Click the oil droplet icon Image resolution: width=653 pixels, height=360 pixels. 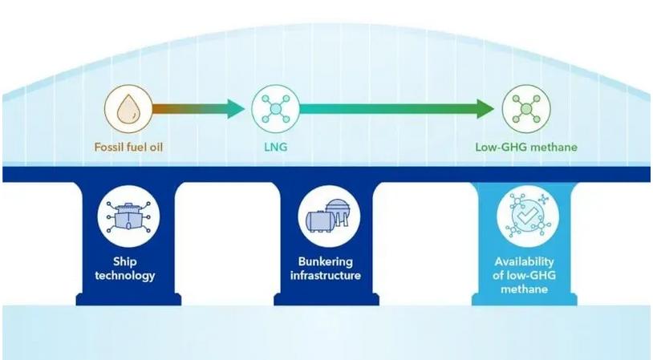pos(128,110)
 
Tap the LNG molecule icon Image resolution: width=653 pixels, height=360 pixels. pos(275,110)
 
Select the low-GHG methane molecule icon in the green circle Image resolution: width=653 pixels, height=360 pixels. pos(525,110)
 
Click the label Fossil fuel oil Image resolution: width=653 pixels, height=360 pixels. pos(128,148)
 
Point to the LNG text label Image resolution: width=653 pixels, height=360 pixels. pos(275,148)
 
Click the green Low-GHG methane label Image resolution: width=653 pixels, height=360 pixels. pos(525,148)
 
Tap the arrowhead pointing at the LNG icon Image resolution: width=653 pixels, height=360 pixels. pos(234,109)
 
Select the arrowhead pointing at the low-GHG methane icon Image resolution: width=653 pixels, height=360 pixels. pos(484,109)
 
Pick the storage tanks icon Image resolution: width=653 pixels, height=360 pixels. pos(326,216)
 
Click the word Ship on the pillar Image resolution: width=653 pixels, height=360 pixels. pos(128,262)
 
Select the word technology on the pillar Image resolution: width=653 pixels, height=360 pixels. pos(128,276)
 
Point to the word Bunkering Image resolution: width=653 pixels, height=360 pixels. pos(326,262)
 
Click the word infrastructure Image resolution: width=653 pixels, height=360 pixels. pos(326,276)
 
